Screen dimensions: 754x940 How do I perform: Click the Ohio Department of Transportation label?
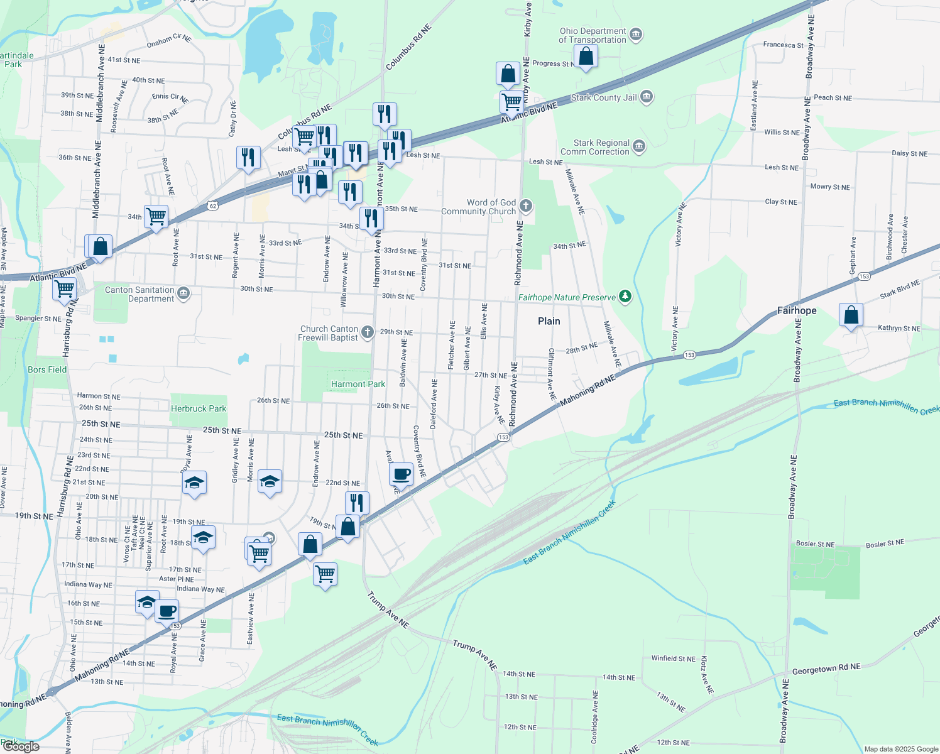[x=593, y=35]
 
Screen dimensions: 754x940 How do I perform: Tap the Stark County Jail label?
[x=604, y=97]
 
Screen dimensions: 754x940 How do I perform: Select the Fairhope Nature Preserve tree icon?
[x=625, y=296]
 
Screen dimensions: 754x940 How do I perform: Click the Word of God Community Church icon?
[x=527, y=205]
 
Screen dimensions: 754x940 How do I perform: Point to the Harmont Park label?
[x=358, y=384]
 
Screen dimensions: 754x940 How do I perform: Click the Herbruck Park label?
[x=199, y=408]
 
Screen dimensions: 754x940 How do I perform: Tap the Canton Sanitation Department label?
[x=139, y=294]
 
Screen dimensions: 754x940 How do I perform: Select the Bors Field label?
[x=47, y=369]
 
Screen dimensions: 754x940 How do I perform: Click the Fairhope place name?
[x=797, y=310]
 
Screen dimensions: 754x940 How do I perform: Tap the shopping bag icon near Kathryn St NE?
[x=851, y=315]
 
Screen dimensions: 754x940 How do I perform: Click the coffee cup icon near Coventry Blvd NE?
[x=401, y=474]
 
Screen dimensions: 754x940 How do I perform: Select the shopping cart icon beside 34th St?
[x=156, y=217]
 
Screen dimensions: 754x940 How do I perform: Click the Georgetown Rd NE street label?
[x=826, y=669]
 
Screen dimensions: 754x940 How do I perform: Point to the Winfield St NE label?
[x=673, y=658]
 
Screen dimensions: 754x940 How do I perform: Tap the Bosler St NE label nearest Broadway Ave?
[x=816, y=544]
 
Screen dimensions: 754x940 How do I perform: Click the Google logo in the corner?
[x=21, y=746]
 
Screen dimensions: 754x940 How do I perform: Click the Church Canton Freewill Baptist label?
[x=329, y=333]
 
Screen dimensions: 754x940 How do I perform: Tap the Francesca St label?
[x=783, y=45]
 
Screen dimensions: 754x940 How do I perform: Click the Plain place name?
[x=549, y=321]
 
